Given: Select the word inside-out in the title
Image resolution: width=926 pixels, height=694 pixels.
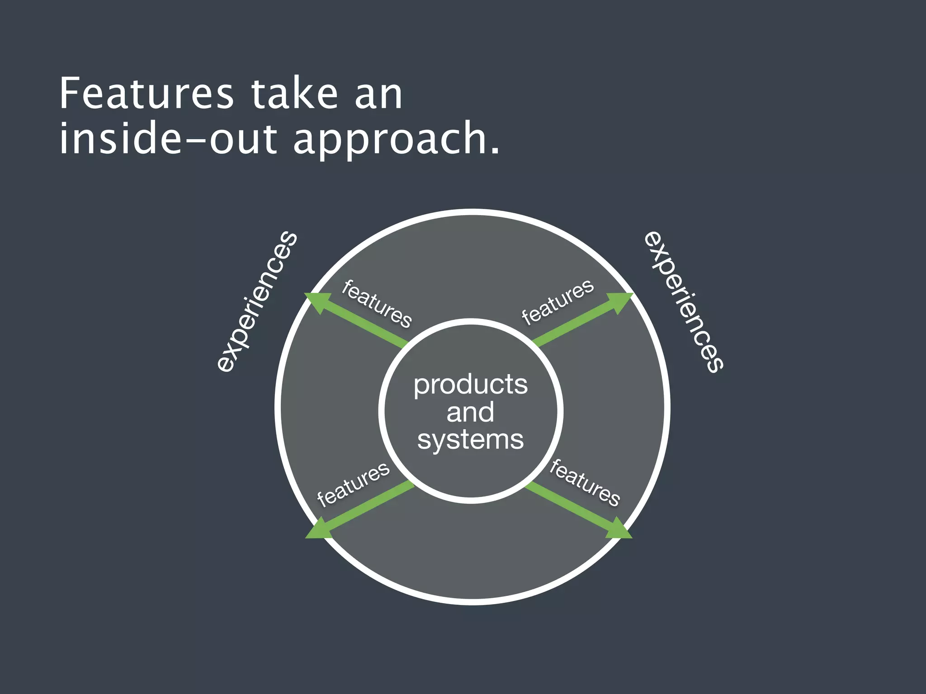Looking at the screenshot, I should (168, 138).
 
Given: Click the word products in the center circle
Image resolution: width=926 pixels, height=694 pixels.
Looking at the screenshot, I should (470, 385).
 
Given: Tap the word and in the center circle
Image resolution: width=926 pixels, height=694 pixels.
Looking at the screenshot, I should (470, 412).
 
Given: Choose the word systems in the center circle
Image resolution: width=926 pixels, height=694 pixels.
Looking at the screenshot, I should (470, 440).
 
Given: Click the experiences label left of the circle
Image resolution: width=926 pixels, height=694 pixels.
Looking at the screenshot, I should (257, 301).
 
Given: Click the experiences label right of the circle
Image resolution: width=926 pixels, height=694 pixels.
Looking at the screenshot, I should (684, 301).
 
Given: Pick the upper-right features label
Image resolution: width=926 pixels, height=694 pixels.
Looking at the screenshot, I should (557, 301).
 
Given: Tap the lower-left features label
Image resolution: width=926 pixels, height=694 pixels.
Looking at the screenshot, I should (353, 484).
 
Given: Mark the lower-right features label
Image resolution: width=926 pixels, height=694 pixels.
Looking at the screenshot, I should (585, 483).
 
